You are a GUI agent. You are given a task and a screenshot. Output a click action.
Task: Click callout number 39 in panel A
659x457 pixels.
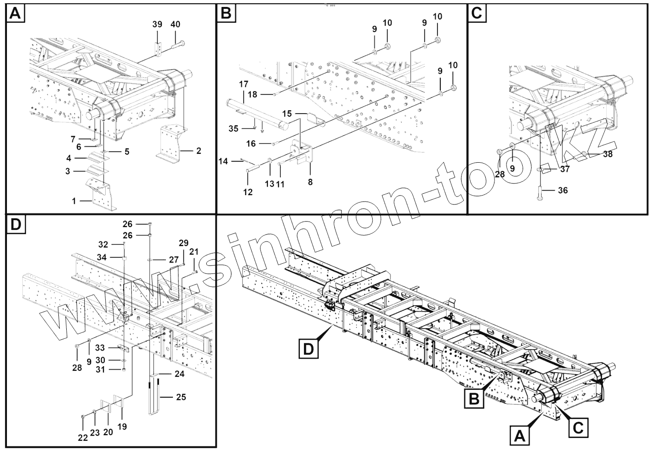pos(157,25)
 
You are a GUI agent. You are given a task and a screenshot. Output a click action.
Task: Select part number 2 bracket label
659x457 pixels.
pos(199,151)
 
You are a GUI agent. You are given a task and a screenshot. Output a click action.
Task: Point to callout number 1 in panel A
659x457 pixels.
pos(74,201)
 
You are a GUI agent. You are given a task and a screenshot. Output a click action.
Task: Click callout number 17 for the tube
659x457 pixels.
pos(244,84)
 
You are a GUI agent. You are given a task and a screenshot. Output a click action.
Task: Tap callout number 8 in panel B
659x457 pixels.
pos(310,182)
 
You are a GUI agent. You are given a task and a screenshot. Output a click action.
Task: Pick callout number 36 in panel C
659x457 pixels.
pos(563,190)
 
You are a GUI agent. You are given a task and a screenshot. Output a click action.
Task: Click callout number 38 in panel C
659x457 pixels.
pos(607,154)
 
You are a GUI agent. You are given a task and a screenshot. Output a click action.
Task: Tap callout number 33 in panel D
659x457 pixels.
pos(100,347)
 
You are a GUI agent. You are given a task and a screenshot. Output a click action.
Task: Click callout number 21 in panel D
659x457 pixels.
pos(194,252)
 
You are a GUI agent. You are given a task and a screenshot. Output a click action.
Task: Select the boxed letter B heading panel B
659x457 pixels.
pos(226,13)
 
